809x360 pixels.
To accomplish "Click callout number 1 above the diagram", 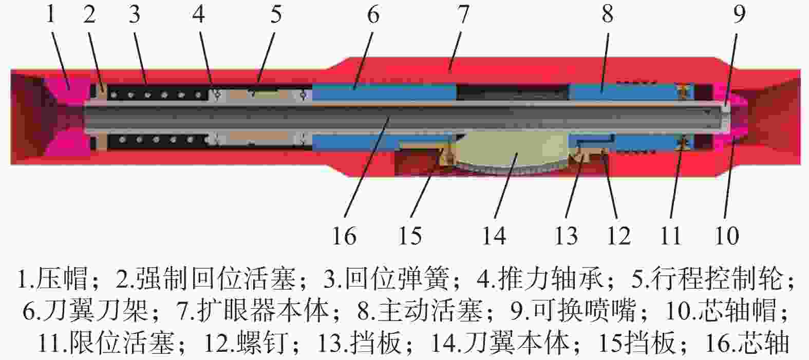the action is [50, 14].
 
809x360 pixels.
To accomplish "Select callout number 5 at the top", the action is [276, 14].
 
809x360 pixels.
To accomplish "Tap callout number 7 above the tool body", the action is [463, 14].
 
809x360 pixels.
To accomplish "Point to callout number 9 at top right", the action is [739, 14].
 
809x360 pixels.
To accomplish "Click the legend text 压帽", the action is [62, 279].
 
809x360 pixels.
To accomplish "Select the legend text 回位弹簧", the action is [397, 279].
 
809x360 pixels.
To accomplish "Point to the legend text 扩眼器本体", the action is [262, 311].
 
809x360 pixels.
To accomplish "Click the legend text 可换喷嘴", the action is [584, 311].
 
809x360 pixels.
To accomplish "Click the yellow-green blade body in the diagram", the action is [513, 151].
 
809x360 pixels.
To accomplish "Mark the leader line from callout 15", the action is [427, 183].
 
